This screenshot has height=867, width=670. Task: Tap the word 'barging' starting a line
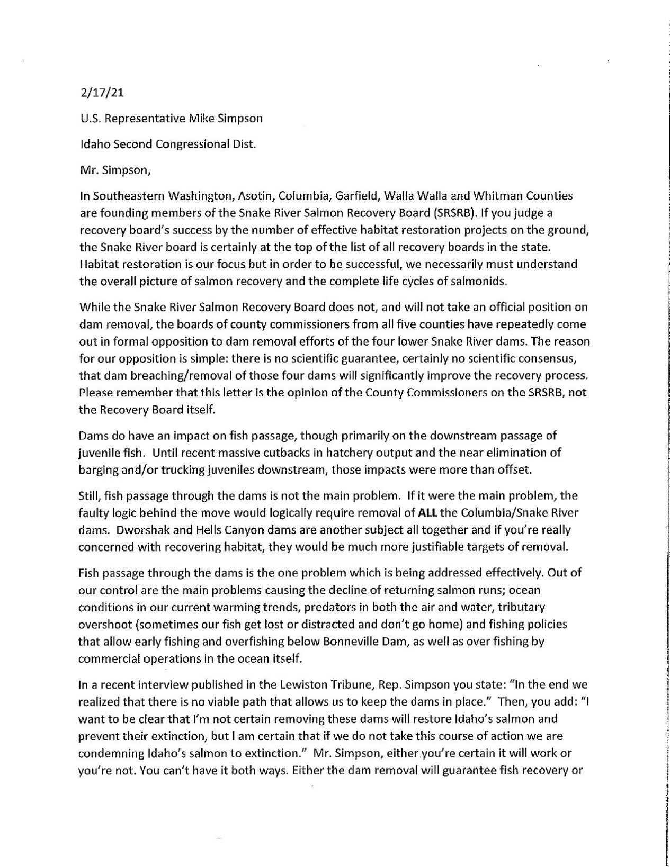coord(96,469)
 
